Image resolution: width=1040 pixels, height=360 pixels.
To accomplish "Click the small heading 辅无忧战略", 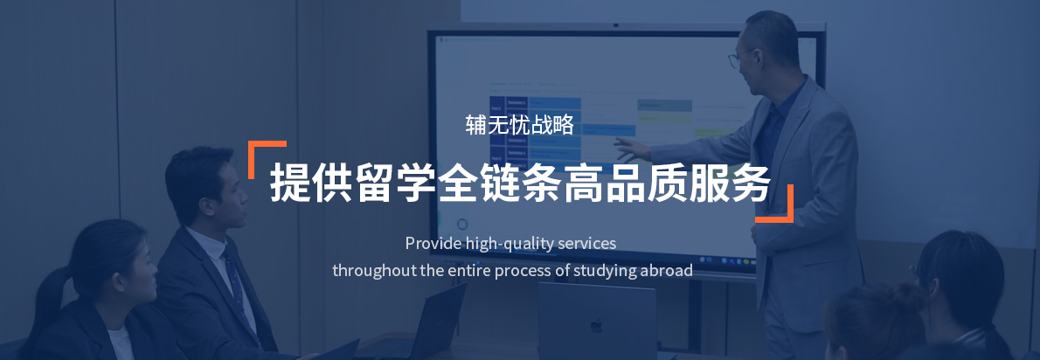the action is (519, 125).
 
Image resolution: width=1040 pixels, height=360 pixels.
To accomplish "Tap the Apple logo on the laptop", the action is (597, 326).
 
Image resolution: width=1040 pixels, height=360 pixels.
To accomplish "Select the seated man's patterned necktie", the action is (238, 286).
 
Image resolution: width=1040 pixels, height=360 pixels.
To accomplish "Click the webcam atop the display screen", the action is (616, 25).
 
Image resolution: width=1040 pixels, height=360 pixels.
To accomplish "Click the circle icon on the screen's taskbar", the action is (462, 224).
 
